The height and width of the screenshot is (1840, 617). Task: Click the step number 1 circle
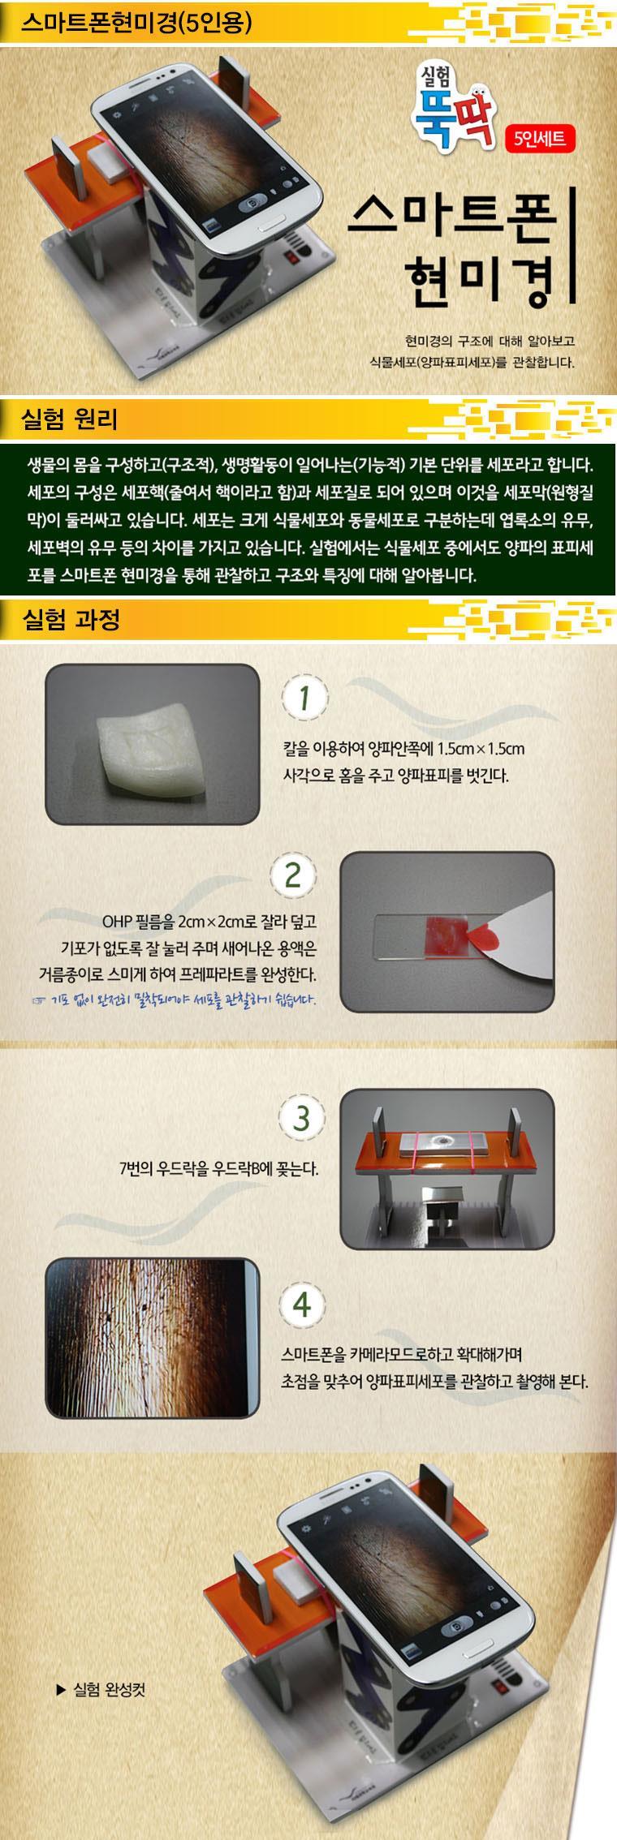tap(304, 698)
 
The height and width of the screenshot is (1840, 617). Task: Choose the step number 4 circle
tap(302, 1305)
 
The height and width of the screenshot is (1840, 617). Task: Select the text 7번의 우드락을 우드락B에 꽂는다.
tap(218, 1169)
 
